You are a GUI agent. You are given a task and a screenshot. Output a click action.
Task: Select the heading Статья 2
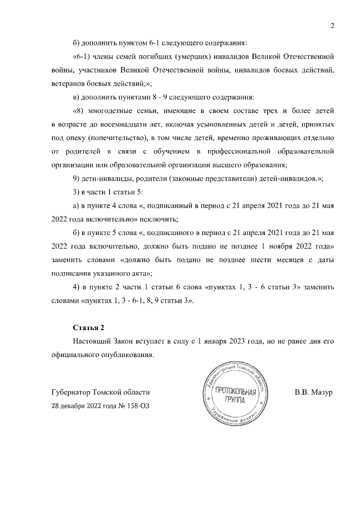89,327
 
